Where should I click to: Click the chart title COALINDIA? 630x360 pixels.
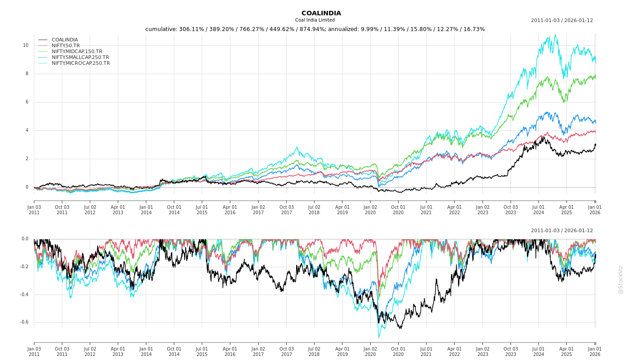pyautogui.click(x=321, y=13)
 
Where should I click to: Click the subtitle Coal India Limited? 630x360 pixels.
pyautogui.click(x=315, y=20)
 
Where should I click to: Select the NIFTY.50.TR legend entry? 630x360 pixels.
pyautogui.click(x=65, y=45)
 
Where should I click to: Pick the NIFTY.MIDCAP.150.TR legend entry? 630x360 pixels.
pyautogui.click(x=76, y=51)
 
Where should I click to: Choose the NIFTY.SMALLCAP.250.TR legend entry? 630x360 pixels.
pyautogui.click(x=80, y=57)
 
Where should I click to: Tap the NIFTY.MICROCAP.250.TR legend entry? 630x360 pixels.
pyautogui.click(x=81, y=63)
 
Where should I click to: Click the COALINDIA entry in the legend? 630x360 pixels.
pyautogui.click(x=64, y=40)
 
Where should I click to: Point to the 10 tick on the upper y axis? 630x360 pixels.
pyautogui.click(x=26, y=45)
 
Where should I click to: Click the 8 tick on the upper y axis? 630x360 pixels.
pyautogui.click(x=27, y=73)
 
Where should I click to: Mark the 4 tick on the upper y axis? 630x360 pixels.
pyautogui.click(x=27, y=130)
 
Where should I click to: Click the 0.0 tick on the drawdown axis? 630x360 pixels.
pyautogui.click(x=25, y=239)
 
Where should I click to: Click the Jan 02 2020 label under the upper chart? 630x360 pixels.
pyautogui.click(x=370, y=210)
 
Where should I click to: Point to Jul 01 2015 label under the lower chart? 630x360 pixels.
pyautogui.click(x=202, y=351)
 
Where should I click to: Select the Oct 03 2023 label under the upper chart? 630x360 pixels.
pyautogui.click(x=511, y=210)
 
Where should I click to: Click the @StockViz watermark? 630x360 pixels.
pyautogui.click(x=621, y=280)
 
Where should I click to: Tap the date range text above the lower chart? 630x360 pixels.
pyautogui.click(x=562, y=230)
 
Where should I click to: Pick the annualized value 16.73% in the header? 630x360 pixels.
pyautogui.click(x=472, y=29)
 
